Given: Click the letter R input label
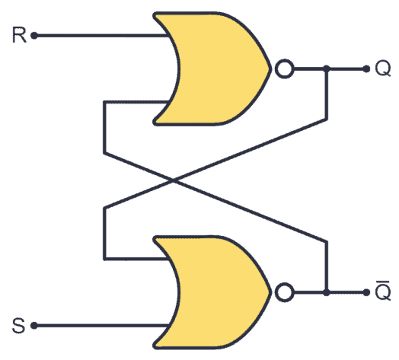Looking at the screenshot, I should [x=18, y=35].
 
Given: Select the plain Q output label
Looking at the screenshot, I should [x=382, y=69].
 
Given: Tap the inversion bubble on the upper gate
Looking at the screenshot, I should [x=283, y=69].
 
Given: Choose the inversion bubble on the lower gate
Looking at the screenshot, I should [x=283, y=292].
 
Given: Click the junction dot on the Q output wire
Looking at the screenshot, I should [x=327, y=69].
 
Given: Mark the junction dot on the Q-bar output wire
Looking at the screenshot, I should [x=327, y=292].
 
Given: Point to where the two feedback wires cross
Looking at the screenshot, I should [x=177, y=181].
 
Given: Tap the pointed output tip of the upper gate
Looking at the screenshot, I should [x=270, y=69].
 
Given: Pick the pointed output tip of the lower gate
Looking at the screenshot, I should [x=270, y=292].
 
